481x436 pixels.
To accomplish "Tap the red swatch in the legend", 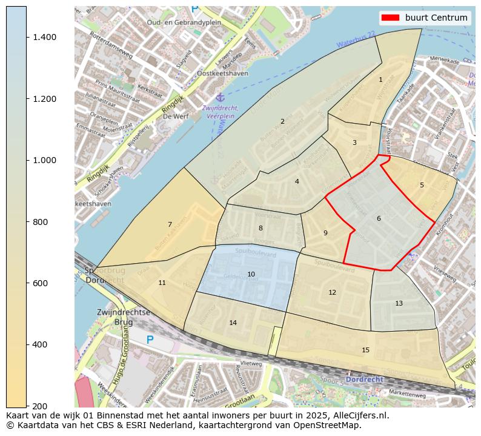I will (391, 18).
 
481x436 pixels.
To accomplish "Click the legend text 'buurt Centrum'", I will (436, 18).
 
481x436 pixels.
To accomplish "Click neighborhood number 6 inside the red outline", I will (379, 218).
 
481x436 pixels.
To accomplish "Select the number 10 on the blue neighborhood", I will (251, 274).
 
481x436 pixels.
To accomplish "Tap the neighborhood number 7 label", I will (170, 224).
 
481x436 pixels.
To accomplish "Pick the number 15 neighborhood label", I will (365, 350).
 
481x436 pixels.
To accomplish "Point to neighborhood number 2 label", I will (282, 121).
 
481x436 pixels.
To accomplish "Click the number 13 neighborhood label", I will (399, 303).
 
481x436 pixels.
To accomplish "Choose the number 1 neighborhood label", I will (380, 79).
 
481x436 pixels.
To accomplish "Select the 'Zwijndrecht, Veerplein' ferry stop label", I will (220, 112).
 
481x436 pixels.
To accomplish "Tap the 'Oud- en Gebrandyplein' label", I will (184, 22).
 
